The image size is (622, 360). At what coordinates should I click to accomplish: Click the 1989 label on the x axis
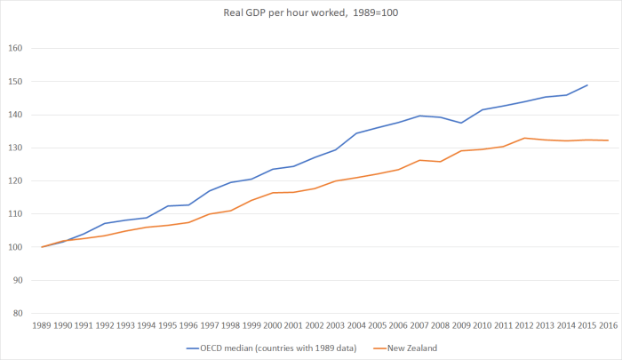pyautogui.click(x=42, y=327)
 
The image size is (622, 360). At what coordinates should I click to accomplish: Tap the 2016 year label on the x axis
pyautogui.click(x=609, y=327)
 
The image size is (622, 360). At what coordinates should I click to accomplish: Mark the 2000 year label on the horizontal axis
pyautogui.click(x=273, y=327)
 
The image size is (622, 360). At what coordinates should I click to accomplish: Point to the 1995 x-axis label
pyautogui.click(x=168, y=327)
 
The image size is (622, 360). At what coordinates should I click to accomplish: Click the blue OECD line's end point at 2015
pyautogui.click(x=587, y=85)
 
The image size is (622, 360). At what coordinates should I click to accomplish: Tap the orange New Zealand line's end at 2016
pyautogui.click(x=609, y=140)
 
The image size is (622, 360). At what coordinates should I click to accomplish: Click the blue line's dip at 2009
pyautogui.click(x=461, y=123)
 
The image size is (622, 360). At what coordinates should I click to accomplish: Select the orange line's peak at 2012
pyautogui.click(x=524, y=138)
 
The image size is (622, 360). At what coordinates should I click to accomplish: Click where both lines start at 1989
pyautogui.click(x=42, y=247)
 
